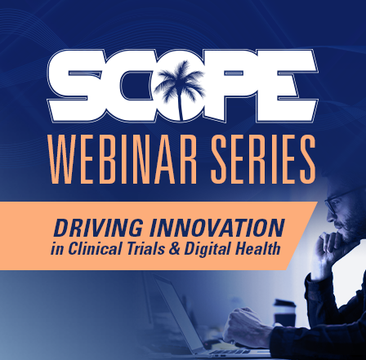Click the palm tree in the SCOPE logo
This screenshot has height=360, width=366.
181,87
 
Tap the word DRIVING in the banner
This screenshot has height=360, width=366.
98,228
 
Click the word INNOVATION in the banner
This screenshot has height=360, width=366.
217,228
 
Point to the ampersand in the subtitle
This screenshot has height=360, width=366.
175,249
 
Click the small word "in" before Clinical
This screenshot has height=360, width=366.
57,249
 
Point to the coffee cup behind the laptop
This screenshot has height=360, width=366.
285,313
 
